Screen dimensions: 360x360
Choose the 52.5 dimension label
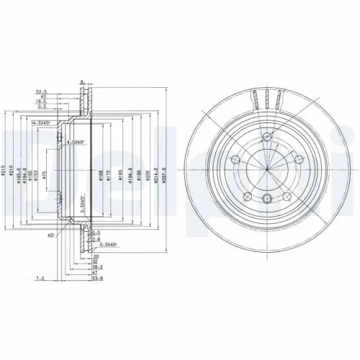(42, 91)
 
